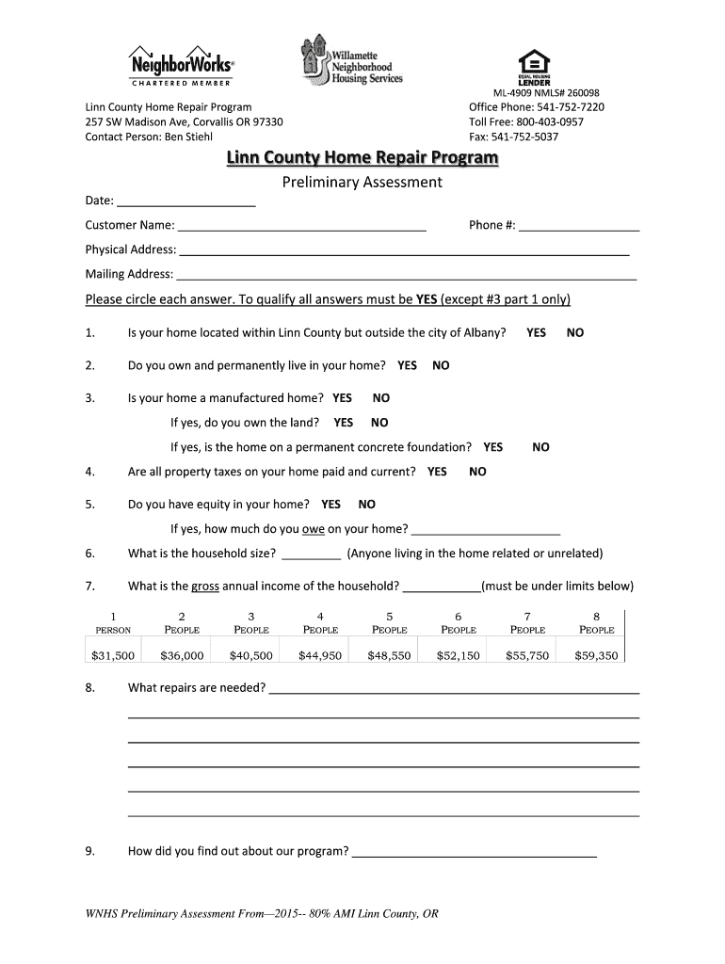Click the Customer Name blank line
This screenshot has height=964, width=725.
(301, 225)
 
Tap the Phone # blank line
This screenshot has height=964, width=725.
(578, 225)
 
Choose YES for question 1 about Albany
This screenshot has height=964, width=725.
(536, 332)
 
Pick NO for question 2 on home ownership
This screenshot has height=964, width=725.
(441, 365)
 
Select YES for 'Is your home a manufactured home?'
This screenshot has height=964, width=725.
(342, 398)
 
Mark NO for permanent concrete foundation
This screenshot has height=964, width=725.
(540, 447)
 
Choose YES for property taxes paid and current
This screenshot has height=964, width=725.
(437, 472)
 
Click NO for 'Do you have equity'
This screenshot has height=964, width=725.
(366, 505)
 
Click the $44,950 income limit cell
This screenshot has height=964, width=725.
(320, 655)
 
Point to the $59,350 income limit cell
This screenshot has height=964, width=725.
(596, 655)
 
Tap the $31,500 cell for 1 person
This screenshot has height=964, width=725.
(113, 655)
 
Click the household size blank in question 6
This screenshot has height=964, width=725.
(311, 554)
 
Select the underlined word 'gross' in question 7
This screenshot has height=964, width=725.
(204, 586)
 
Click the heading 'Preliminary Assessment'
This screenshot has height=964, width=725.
(362, 183)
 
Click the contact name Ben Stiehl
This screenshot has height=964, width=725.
(189, 137)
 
